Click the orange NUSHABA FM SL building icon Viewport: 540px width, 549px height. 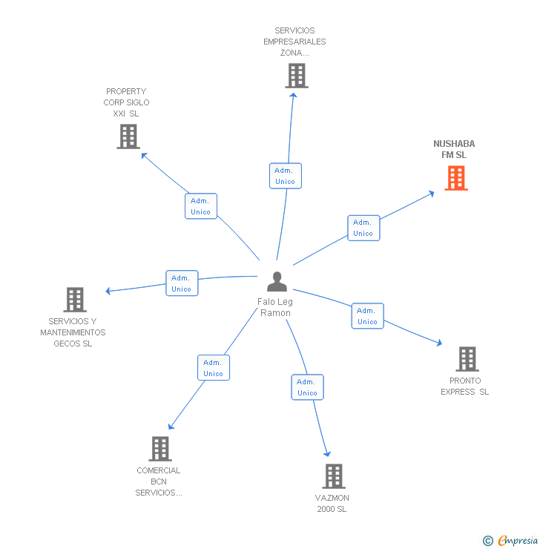456,178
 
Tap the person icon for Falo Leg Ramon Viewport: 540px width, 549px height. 277,281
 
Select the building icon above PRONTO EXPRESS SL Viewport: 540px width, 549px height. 467,359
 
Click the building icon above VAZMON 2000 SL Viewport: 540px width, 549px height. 334,476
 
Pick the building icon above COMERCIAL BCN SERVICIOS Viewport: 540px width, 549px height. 160,449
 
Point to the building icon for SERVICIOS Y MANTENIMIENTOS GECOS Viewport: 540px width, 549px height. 75,300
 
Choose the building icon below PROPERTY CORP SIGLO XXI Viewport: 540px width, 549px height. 128,137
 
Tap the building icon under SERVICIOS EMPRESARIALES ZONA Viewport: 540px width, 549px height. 297,76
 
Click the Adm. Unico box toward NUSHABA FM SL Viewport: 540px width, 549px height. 363,228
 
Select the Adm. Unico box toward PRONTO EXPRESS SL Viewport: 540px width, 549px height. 367,316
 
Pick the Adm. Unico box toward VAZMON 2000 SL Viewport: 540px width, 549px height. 307,387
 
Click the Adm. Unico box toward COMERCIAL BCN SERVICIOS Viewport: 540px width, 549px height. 214,368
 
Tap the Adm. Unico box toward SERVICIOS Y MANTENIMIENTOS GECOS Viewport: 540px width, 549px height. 182,283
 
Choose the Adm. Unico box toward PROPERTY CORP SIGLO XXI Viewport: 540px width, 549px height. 201,206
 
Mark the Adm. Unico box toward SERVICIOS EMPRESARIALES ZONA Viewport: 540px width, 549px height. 286,176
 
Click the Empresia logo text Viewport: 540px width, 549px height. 518,540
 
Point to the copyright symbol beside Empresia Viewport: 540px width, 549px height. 488,541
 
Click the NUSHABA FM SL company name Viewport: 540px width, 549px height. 454,149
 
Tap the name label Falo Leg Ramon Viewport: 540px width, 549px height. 275,307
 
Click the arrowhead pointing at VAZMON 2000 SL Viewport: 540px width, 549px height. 327,454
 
